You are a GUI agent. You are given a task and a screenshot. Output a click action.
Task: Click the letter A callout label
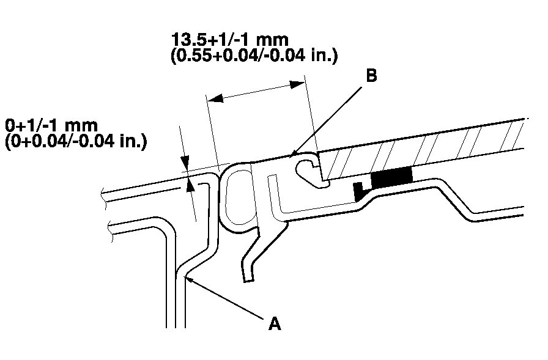[275, 323]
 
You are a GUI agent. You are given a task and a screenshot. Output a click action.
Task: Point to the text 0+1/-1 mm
[51, 125]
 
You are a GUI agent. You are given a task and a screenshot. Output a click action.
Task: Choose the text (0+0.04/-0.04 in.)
[75, 142]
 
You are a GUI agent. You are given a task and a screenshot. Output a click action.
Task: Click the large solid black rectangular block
[391, 178]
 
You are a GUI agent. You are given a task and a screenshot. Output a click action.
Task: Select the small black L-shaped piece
[359, 191]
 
